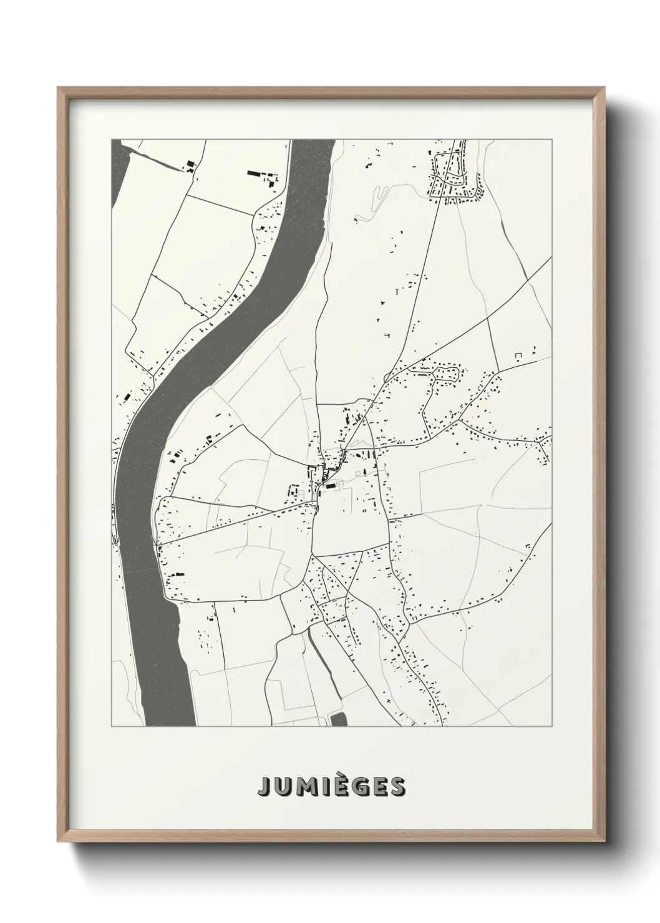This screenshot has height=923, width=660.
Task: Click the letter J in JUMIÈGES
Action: point(263,787)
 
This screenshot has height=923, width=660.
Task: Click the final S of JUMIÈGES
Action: point(397,787)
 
